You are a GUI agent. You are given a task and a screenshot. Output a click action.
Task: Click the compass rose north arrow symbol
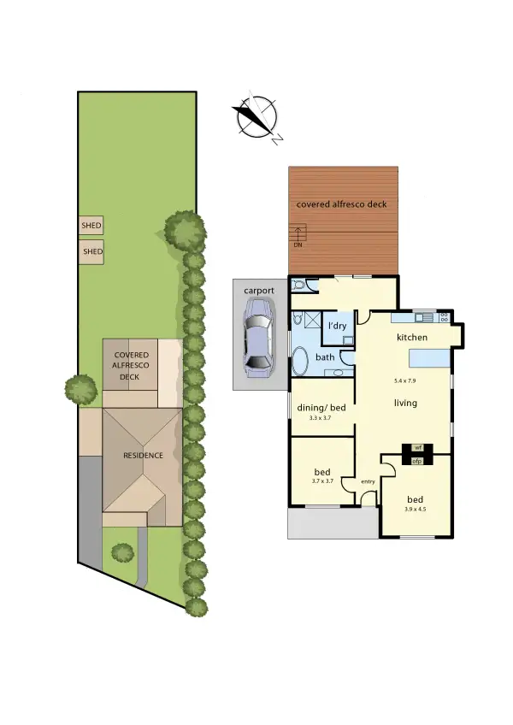(257, 117)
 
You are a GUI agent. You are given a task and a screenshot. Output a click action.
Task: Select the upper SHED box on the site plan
(91, 226)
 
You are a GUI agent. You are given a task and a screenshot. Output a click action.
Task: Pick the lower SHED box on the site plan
(91, 251)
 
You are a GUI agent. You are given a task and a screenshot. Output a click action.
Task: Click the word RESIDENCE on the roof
(142, 456)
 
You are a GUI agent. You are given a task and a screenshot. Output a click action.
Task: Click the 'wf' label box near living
(418, 447)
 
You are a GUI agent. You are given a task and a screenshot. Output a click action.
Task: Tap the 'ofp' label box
(418, 461)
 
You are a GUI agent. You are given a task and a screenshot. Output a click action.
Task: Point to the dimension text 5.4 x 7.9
(405, 380)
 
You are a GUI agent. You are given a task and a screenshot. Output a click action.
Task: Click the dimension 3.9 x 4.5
(416, 510)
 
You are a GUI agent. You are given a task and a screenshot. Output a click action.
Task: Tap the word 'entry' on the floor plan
(368, 482)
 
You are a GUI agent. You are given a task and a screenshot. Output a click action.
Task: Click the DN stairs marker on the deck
(298, 245)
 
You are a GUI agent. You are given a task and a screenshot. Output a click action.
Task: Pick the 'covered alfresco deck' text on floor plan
(341, 204)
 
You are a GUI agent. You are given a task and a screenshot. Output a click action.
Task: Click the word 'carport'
(259, 291)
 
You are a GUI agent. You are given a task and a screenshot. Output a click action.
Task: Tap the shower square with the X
(315, 322)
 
